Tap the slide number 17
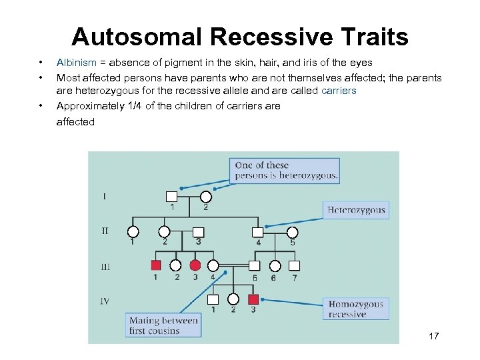click(433, 336)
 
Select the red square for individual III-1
click(155, 265)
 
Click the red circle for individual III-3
click(195, 265)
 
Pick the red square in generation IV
click(253, 299)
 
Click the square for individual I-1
click(171, 197)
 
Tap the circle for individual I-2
click(206, 197)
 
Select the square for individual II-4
click(258, 232)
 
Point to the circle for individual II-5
click(293, 232)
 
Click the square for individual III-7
click(294, 265)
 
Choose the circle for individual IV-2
click(233, 299)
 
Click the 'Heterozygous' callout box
click(356, 210)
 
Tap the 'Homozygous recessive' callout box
click(356, 309)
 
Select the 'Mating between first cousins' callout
click(163, 325)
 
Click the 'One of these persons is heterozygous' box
click(286, 171)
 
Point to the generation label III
click(105, 267)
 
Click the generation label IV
click(105, 301)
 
